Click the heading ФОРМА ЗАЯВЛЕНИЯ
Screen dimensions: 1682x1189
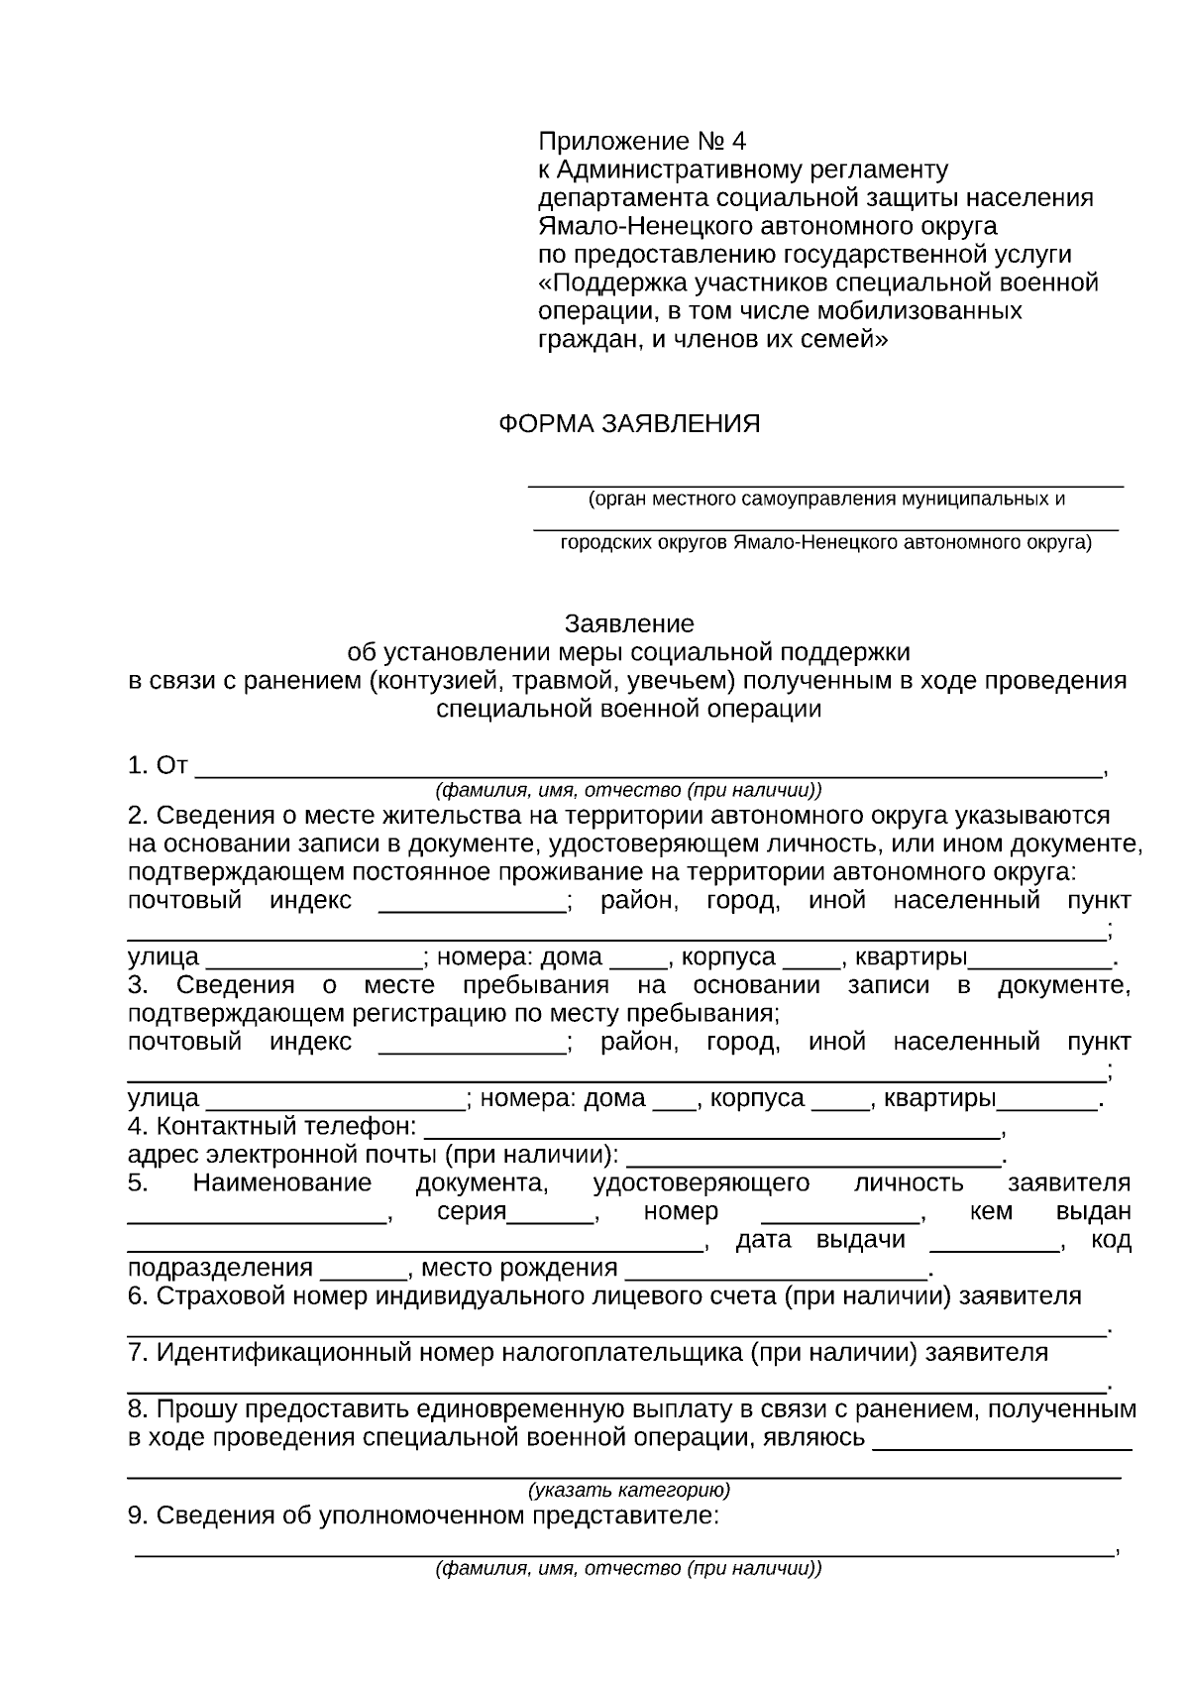(x=628, y=425)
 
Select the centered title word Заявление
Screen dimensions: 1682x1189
(x=629, y=624)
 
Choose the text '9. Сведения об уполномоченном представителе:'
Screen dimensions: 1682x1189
(x=423, y=1516)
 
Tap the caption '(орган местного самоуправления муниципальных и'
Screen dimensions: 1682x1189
(x=826, y=500)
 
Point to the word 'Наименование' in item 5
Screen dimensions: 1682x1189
(x=282, y=1183)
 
